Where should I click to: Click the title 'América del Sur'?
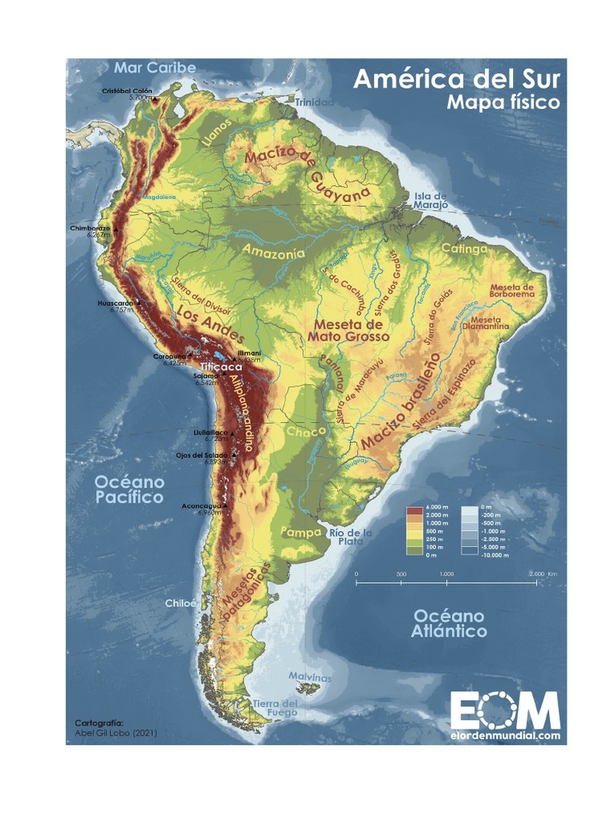click(x=456, y=79)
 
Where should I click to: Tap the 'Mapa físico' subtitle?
click(x=502, y=103)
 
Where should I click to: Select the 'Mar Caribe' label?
click(x=154, y=68)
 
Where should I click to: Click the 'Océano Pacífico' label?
click(x=130, y=490)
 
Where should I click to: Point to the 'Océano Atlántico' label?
click(x=449, y=623)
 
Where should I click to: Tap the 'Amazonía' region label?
click(x=273, y=253)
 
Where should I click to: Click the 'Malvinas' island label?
click(x=309, y=678)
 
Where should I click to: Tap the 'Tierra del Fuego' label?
click(x=275, y=708)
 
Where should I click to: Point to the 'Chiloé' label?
click(x=180, y=603)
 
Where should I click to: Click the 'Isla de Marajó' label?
click(x=430, y=200)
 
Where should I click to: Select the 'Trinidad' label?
click(x=315, y=103)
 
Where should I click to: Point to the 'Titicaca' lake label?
click(x=220, y=367)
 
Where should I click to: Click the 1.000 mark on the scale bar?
click(x=446, y=573)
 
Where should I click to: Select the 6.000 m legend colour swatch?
click(x=414, y=507)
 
